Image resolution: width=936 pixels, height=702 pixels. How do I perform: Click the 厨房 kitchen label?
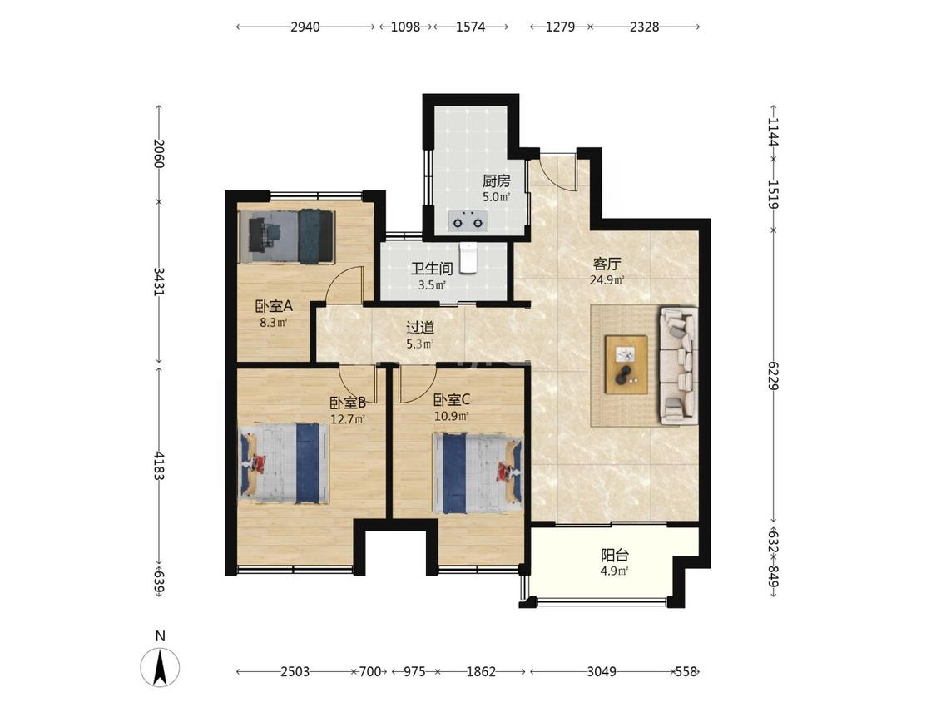tap(496, 180)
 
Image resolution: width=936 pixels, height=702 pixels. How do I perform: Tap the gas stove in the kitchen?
tap(468, 222)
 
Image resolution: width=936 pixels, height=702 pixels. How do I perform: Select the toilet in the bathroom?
tap(468, 257)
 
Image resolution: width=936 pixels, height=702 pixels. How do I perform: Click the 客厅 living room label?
tap(607, 263)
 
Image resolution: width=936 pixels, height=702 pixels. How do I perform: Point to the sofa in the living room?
tap(678, 365)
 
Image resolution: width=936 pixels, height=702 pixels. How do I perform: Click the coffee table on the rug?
tap(626, 365)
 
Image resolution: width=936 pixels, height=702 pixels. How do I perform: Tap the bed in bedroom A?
tap(286, 237)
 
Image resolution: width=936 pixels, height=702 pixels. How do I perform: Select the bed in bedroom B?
tap(285, 464)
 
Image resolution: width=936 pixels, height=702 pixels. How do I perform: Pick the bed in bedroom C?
tap(478, 473)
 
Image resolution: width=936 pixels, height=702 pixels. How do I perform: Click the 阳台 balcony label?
tap(614, 556)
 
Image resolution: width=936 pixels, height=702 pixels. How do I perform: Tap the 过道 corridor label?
tap(419, 328)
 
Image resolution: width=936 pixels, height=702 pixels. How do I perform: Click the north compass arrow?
tap(160, 667)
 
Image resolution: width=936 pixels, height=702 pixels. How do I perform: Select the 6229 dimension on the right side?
tap(773, 375)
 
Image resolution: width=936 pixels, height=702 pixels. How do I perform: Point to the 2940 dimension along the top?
tap(305, 27)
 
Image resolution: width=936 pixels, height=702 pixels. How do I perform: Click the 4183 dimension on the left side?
tap(158, 465)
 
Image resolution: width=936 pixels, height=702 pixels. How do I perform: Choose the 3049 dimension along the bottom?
tap(601, 671)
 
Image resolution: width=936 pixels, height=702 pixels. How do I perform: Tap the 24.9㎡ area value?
tap(607, 279)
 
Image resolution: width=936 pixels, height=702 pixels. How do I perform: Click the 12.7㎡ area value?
tap(348, 419)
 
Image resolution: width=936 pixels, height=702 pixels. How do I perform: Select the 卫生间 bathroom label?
tap(432, 269)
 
